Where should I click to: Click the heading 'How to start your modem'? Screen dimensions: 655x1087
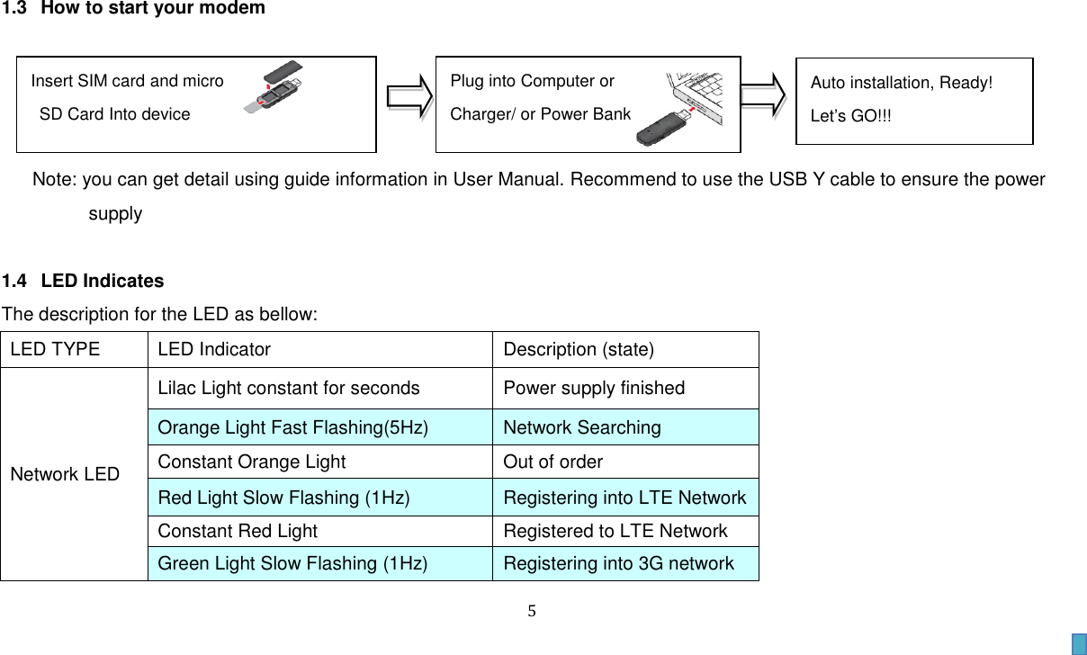pos(153,9)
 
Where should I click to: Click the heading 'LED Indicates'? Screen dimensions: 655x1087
pos(103,281)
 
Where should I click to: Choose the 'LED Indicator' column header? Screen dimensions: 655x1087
pos(214,349)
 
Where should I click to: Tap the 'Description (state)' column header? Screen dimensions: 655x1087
pos(579,349)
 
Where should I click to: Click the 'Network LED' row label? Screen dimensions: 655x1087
pos(65,474)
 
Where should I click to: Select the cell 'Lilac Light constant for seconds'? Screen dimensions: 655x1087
pos(289,389)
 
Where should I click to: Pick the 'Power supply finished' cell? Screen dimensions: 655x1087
pos(594,389)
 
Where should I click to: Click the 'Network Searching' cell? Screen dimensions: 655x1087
pos(582,427)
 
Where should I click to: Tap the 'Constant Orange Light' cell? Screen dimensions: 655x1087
pos(252,462)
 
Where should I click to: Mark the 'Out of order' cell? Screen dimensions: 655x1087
pos(553,462)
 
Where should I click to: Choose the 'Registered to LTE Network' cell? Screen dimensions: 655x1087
pos(615,531)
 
